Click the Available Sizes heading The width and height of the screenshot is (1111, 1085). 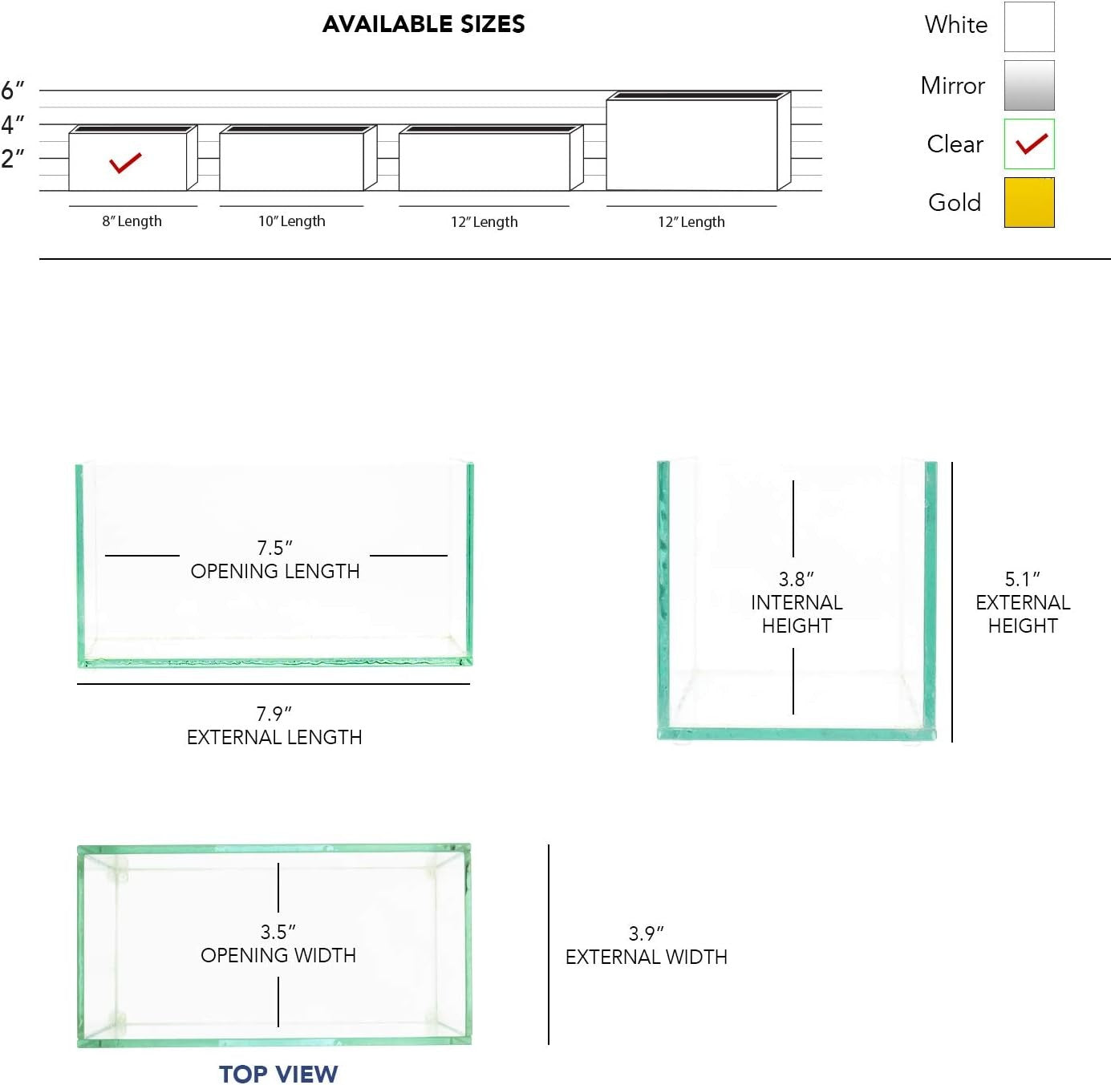point(423,24)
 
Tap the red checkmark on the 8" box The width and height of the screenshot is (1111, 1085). point(125,163)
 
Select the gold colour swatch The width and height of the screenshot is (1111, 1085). point(1029,203)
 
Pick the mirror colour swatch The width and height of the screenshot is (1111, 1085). point(1029,85)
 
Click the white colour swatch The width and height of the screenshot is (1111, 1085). point(1029,26)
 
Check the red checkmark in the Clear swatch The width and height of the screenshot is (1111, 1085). point(1032,144)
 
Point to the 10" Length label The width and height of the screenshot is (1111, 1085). point(291,221)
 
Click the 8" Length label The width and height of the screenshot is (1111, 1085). point(132,221)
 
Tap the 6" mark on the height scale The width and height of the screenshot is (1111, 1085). point(13,90)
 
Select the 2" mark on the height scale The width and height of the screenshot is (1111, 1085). point(13,159)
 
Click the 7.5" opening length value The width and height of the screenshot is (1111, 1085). point(274,548)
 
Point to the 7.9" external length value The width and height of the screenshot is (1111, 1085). point(274,714)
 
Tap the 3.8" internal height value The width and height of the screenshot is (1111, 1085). point(796,579)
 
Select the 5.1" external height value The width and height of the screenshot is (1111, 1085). point(1022,579)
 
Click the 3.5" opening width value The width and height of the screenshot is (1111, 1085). point(278,932)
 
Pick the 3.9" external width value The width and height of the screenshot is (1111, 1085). point(646,933)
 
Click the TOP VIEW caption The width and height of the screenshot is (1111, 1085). point(278,1074)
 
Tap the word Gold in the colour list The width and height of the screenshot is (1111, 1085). point(955,203)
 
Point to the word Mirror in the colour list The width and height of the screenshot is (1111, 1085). point(953,86)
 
